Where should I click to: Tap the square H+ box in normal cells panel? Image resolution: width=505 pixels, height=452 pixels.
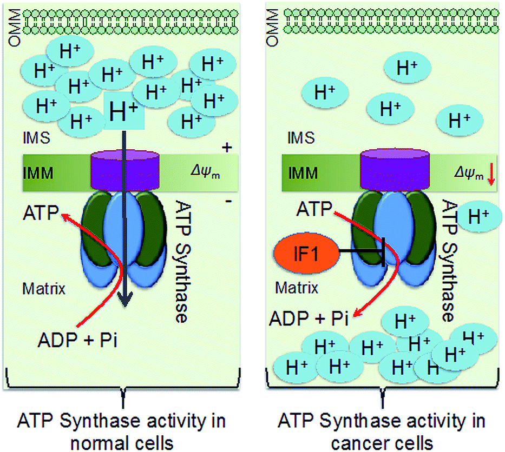click(x=123, y=111)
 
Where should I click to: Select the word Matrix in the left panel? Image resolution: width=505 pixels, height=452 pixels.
click(x=44, y=288)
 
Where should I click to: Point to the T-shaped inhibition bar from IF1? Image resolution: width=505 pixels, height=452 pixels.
click(x=383, y=251)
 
